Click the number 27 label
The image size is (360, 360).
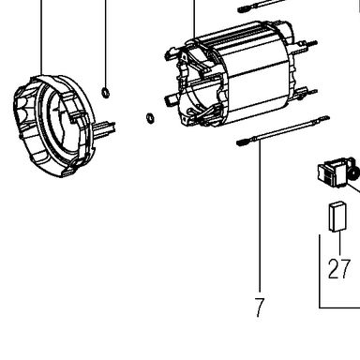[x=338, y=269]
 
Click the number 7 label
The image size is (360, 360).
[x=260, y=307]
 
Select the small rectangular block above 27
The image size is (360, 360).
[x=337, y=217]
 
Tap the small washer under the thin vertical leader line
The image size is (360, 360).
[x=106, y=92]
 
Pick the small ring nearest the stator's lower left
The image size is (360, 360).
[x=150, y=118]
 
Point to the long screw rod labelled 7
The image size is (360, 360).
[x=282, y=130]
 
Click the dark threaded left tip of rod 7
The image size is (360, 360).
[x=242, y=142]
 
